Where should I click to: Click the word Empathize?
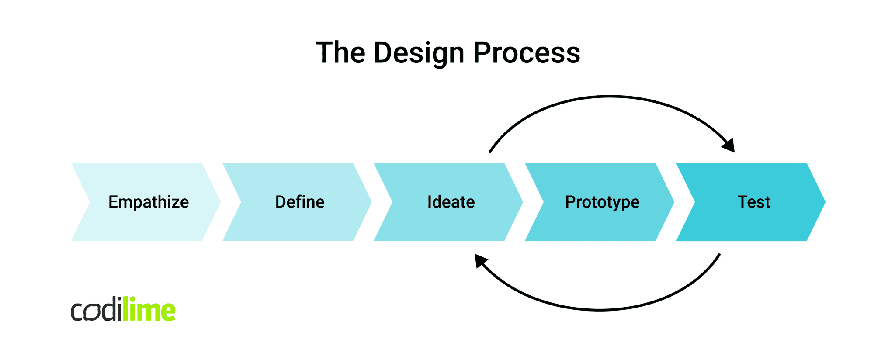149,202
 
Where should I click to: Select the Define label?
300,202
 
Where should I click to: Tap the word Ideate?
451,202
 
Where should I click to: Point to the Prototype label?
602,202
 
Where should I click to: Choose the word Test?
754,202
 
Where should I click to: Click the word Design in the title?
420,53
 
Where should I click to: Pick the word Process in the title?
527,53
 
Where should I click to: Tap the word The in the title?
340,53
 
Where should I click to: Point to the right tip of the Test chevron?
824,202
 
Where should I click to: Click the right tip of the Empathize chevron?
219,202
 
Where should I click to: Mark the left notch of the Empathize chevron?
89,202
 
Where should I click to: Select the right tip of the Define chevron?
371,202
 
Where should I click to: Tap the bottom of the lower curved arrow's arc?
601,310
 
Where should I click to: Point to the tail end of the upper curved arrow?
490,152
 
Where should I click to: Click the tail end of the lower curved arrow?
719,254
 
